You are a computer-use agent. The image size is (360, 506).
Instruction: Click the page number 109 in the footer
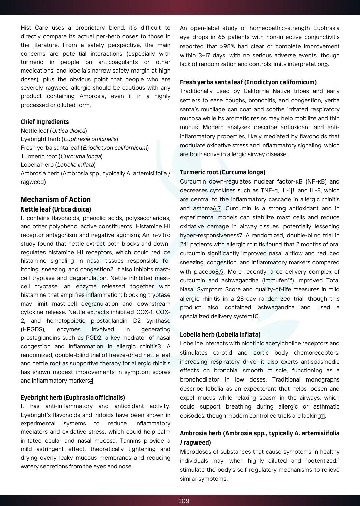click(x=184, y=501)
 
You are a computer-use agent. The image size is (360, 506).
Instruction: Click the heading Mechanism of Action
click(x=56, y=199)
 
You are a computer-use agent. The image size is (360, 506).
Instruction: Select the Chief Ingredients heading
click(x=44, y=122)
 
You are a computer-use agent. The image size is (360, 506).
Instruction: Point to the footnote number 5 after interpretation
click(x=326, y=64)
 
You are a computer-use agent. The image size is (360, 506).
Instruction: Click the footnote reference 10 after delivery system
click(x=256, y=317)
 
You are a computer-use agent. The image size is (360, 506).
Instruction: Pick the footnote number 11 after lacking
click(x=323, y=416)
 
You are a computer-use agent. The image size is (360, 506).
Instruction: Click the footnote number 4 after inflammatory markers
click(x=91, y=381)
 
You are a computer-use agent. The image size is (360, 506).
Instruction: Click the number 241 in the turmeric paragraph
click(x=184, y=245)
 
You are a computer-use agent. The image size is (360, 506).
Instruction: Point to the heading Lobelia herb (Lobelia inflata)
click(x=220, y=335)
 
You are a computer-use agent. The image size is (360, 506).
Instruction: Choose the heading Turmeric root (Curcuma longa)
click(x=222, y=172)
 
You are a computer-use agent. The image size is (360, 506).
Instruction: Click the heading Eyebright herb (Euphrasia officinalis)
click(x=73, y=398)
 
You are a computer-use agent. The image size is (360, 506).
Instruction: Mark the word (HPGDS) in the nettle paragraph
click(x=33, y=330)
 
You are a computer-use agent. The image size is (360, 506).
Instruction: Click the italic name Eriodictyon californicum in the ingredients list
click(x=115, y=148)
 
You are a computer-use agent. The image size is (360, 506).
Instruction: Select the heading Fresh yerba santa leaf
click(x=248, y=82)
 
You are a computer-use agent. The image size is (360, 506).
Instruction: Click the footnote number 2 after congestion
click(x=112, y=270)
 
